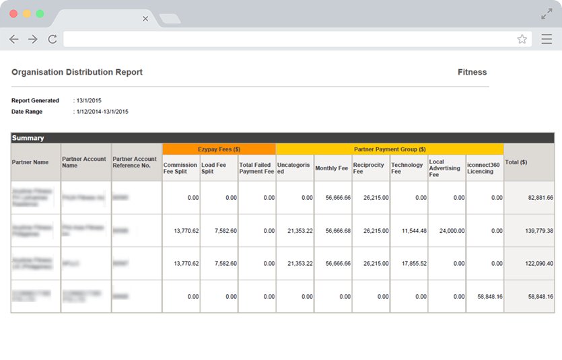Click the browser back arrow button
[13, 39]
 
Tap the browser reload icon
[52, 39]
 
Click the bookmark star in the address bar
[522, 39]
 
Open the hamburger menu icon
[547, 39]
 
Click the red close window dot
[13, 13]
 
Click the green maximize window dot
[40, 13]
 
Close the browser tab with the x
[145, 19]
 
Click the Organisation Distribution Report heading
[77, 72]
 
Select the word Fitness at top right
[472, 72]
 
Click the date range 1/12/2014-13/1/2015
[102, 112]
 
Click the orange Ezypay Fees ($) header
[219, 149]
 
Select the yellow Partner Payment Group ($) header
[390, 149]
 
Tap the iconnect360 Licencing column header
[483, 168]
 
